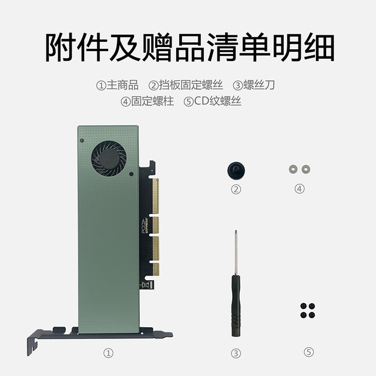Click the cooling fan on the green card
(109, 159)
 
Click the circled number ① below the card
(108, 352)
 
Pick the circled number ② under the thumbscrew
(236, 189)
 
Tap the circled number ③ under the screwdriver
(236, 353)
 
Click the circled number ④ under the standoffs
(300, 189)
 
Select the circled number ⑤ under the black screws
(309, 352)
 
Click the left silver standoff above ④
(293, 169)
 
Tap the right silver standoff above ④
(305, 169)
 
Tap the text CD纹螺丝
(217, 101)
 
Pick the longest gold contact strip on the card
(156, 196)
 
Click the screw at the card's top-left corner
(82, 142)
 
